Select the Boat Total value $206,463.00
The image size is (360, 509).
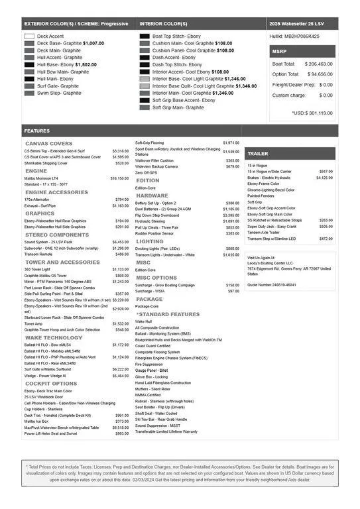tap(318, 64)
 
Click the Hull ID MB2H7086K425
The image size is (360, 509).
tap(294, 36)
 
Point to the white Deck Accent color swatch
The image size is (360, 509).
tap(29, 36)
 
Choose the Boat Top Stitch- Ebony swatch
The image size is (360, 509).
tap(145, 36)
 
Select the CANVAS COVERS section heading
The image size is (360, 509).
tap(49, 144)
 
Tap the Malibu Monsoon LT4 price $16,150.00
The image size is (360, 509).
tap(119, 178)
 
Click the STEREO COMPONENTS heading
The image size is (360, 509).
tap(56, 235)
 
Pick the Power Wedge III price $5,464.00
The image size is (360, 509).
tap(119, 376)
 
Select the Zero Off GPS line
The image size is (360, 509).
tap(146, 172)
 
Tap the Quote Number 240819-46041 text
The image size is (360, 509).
tap(271, 284)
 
